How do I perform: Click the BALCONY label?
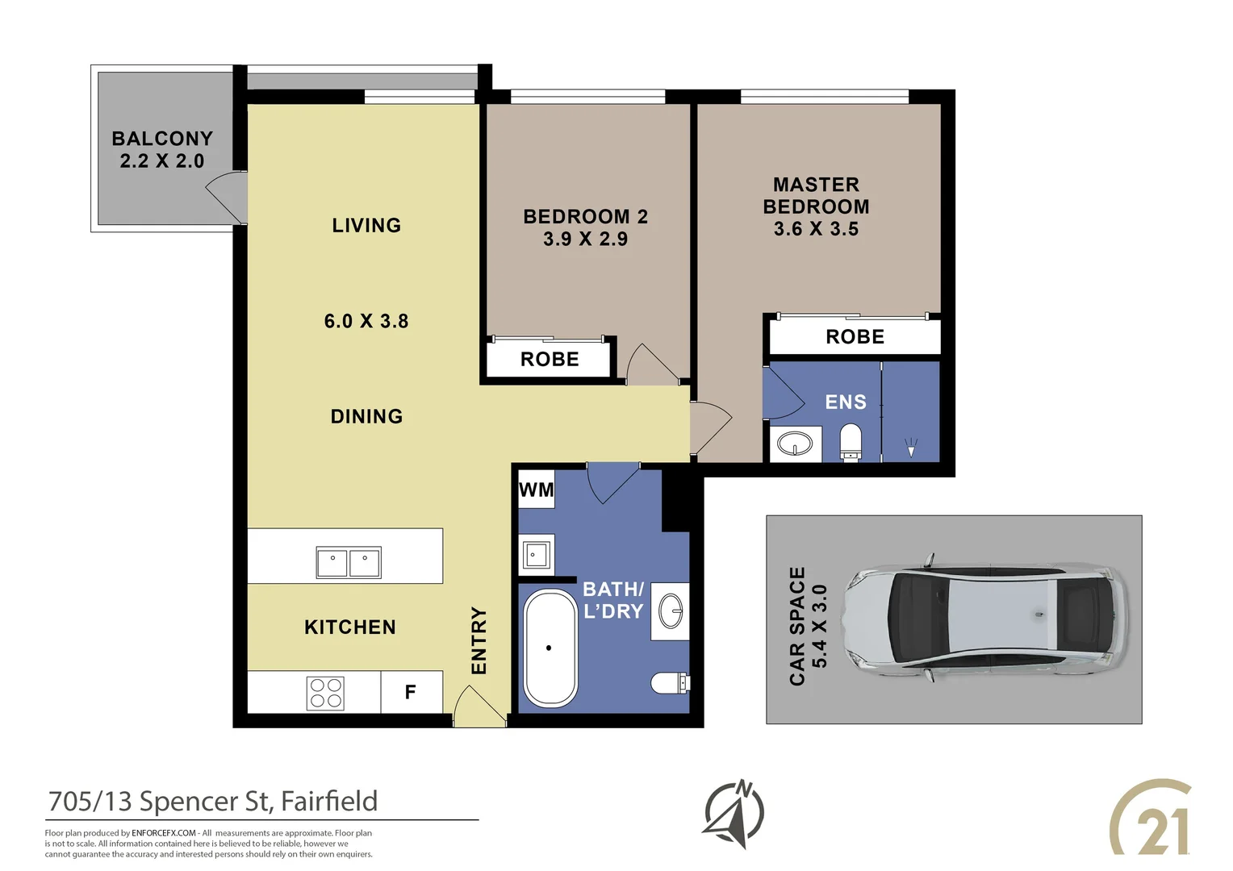point(162,139)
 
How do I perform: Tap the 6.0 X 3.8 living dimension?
point(366,321)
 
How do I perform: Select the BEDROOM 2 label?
point(585,216)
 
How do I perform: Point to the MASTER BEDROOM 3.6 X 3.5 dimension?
point(816,229)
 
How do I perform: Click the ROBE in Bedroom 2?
point(550,360)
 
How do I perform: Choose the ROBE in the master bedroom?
point(855,337)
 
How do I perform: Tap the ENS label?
point(846,402)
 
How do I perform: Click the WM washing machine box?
point(536,490)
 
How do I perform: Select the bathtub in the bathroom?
point(550,648)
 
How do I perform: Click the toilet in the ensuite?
point(851,444)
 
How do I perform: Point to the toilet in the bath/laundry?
point(670,683)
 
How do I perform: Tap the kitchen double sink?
point(349,562)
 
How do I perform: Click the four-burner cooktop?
point(325,693)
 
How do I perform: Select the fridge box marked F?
point(411,692)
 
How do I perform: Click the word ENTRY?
point(479,640)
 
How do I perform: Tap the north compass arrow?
point(734,813)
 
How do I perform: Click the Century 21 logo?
point(1151,818)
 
